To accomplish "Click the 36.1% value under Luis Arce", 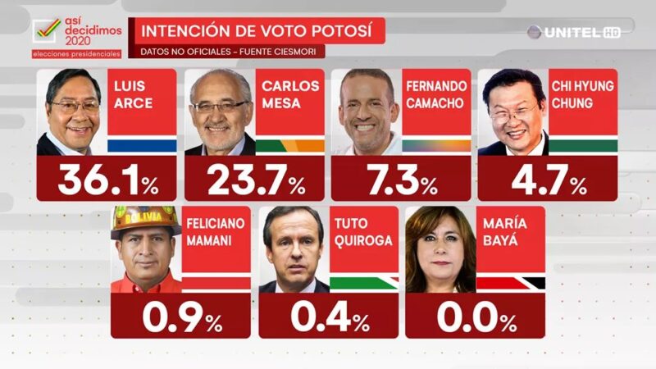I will tap(107, 180).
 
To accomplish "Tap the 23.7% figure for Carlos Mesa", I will tap(253, 180).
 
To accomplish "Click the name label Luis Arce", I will tap(130, 93).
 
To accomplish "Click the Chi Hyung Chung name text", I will tap(582, 93).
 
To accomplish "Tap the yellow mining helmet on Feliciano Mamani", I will tap(146, 219).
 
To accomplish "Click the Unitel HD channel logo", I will tap(573, 32).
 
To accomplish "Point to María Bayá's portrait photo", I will tap(440, 249).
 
